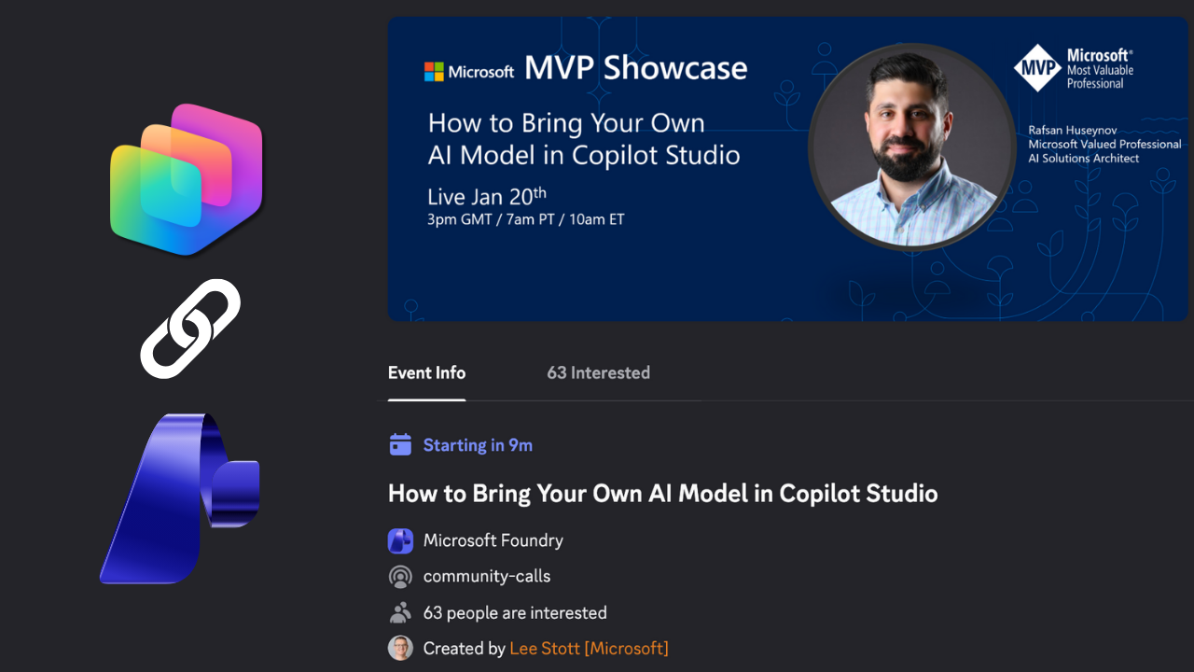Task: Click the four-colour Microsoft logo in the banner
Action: pos(435,72)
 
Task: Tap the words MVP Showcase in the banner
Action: pos(635,68)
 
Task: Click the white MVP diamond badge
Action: pos(1037,67)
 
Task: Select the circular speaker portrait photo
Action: pos(911,148)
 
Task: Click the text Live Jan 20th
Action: pos(486,196)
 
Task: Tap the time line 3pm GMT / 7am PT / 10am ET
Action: pos(526,220)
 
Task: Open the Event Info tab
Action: pos(426,372)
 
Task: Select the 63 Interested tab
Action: pos(598,372)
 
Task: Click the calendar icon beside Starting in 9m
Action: pos(400,445)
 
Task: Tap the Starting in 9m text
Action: pos(478,445)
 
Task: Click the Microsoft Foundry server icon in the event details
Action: pos(400,540)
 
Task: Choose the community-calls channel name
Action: pos(487,576)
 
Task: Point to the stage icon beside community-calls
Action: pos(400,576)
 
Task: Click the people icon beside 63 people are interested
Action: pos(400,612)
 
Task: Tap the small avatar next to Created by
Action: pos(400,648)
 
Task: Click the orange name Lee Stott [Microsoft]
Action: pos(589,648)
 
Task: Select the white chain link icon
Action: pos(190,329)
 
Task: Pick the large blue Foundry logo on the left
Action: pos(180,498)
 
